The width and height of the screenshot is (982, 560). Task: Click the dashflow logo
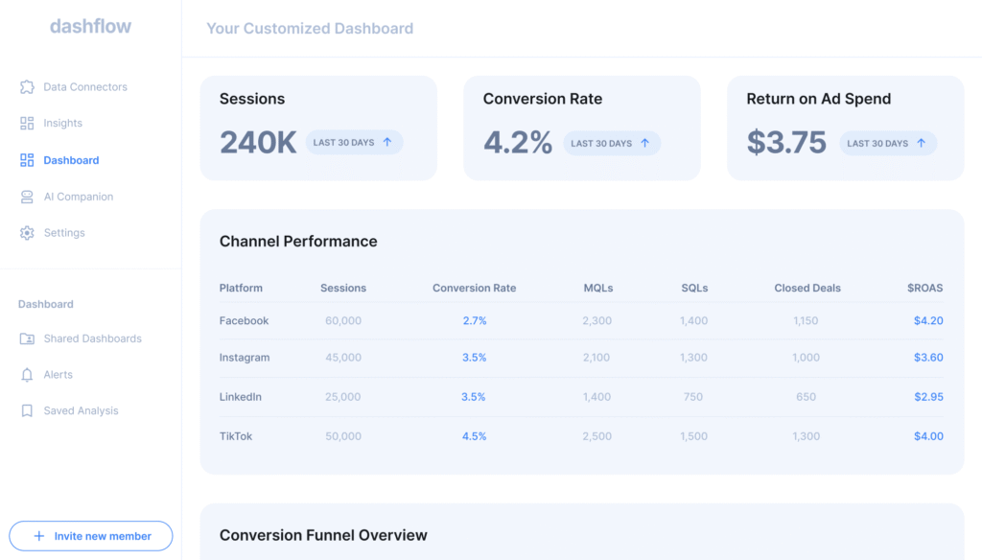pyautogui.click(x=90, y=27)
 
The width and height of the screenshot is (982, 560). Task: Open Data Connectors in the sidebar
pyautogui.click(x=84, y=87)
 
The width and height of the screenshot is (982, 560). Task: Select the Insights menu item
pyautogui.click(x=62, y=124)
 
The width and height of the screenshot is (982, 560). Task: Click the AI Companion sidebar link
pyautogui.click(x=78, y=197)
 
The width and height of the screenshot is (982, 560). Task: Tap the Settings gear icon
pyautogui.click(x=27, y=233)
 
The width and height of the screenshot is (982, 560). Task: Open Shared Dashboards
pyautogui.click(x=92, y=338)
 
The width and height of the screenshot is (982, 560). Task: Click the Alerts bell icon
pyautogui.click(x=27, y=375)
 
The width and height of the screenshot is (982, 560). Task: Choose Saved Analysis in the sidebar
pyautogui.click(x=81, y=411)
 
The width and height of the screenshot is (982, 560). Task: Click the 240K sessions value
pyautogui.click(x=258, y=142)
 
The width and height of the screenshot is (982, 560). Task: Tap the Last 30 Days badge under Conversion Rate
pyautogui.click(x=612, y=143)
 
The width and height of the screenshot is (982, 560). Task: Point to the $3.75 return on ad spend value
pyautogui.click(x=786, y=142)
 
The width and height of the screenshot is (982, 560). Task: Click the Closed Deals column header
pyautogui.click(x=807, y=288)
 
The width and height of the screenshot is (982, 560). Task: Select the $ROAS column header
pyautogui.click(x=924, y=288)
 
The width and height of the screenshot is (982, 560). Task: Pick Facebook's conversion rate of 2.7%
pyautogui.click(x=475, y=321)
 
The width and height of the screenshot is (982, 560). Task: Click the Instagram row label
pyautogui.click(x=245, y=358)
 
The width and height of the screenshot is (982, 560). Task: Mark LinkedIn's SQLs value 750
pyautogui.click(x=693, y=397)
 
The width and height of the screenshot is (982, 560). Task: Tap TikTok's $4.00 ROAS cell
pyautogui.click(x=928, y=436)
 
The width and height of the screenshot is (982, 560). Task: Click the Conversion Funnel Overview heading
pyautogui.click(x=323, y=535)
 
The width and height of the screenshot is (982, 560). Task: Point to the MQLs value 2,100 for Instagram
pyautogui.click(x=596, y=358)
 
